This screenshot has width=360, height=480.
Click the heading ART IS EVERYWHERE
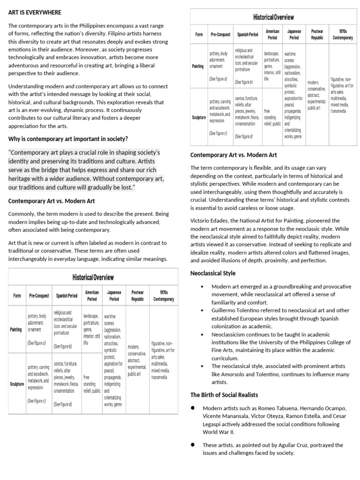coord(35,12)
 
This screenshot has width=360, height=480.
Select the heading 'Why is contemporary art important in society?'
coord(68,139)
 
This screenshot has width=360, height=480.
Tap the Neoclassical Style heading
coord(213,273)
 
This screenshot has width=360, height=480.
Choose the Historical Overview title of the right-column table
coord(274,17)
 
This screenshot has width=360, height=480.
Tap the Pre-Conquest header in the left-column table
coord(38,296)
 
